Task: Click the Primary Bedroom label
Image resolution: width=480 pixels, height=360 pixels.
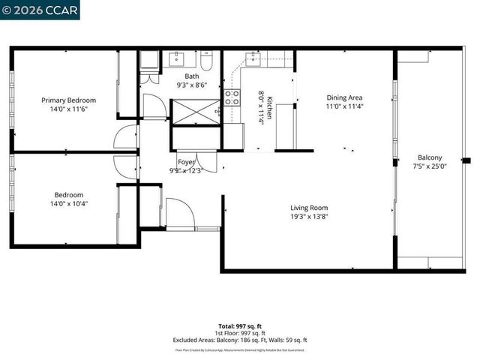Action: [x=68, y=100]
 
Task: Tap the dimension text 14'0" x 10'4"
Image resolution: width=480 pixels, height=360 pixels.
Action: [x=68, y=203]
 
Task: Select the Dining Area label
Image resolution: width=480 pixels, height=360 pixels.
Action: [x=344, y=97]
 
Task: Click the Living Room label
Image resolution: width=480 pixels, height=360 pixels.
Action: [x=309, y=208]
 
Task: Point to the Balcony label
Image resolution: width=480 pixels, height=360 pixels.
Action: [x=430, y=157]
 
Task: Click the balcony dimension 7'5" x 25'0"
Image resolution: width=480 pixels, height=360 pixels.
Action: [x=430, y=166]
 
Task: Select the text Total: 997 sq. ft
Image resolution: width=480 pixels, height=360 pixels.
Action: [x=240, y=326]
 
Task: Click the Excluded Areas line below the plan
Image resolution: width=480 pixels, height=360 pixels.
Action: [x=240, y=340]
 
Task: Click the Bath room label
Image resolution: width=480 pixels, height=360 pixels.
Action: [x=192, y=76]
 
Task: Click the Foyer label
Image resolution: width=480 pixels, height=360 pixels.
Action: [x=186, y=162]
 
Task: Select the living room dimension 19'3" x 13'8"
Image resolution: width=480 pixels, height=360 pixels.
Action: [x=309, y=217]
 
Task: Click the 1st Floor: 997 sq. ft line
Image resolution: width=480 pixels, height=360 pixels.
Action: [x=240, y=333]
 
